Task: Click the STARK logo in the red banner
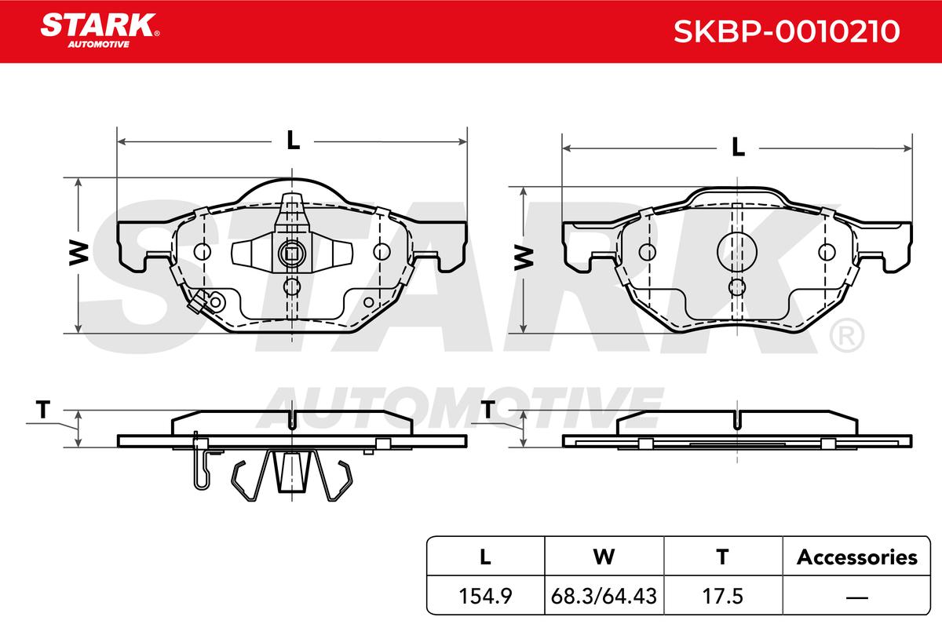click(100, 30)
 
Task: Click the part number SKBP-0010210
click(787, 31)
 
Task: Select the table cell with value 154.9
click(485, 596)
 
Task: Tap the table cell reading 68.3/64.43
click(604, 596)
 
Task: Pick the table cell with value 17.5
click(723, 596)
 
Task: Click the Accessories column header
click(856, 557)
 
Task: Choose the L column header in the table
click(485, 557)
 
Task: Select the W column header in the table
click(604, 557)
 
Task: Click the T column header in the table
click(723, 557)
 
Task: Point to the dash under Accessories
click(856, 597)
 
